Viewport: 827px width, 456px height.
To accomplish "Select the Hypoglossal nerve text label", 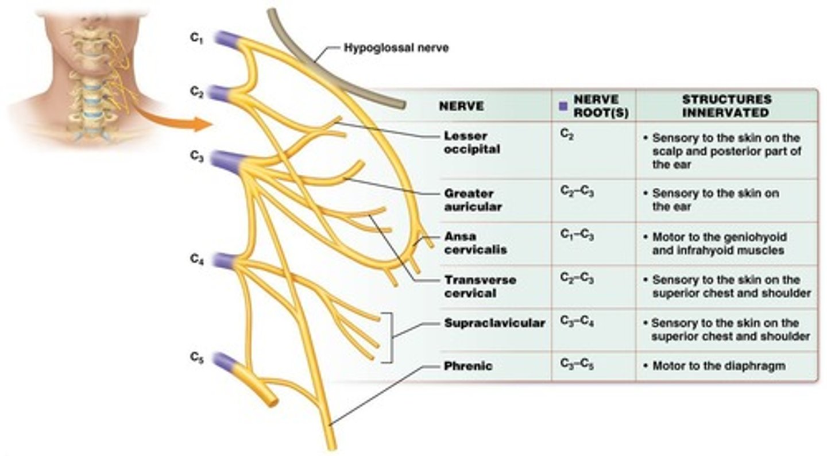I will click(396, 48).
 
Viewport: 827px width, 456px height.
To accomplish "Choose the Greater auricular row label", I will click(469, 200).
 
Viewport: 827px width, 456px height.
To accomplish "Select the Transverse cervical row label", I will click(480, 287).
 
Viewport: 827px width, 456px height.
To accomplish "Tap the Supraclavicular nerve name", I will click(494, 323).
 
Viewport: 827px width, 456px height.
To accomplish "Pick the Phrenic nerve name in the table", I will click(468, 366).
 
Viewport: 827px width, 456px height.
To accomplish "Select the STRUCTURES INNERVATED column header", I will click(726, 106).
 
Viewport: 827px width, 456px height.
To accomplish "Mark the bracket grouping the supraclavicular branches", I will click(393, 337).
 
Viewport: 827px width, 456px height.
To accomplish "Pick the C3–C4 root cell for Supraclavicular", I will click(577, 322).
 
